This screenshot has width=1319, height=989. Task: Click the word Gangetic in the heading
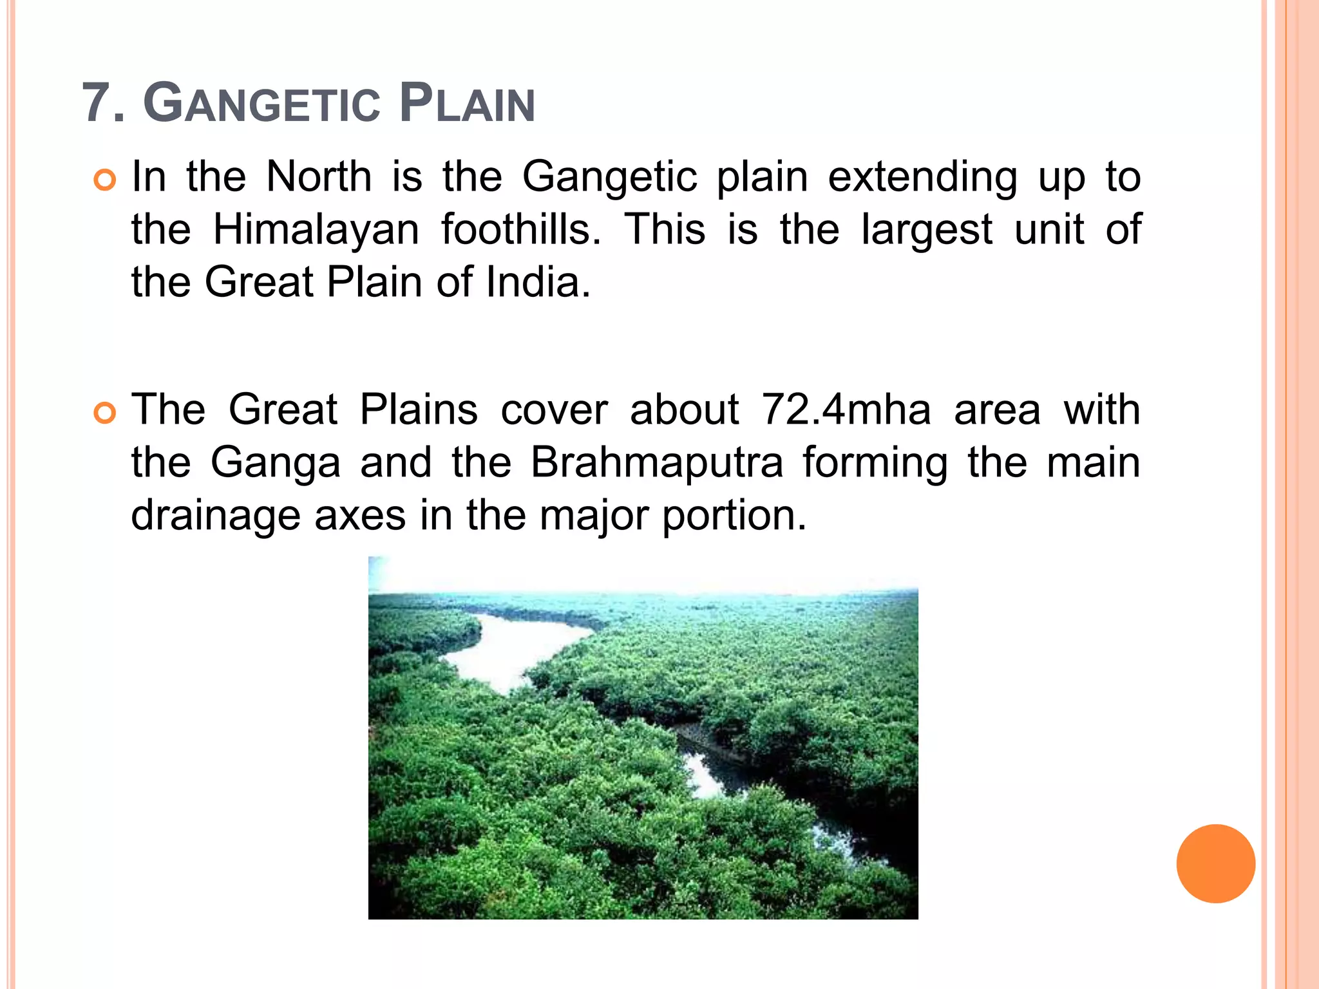pyautogui.click(x=261, y=103)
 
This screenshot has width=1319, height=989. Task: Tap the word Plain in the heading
pyautogui.click(x=467, y=103)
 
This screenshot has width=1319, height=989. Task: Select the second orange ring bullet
pyautogui.click(x=104, y=413)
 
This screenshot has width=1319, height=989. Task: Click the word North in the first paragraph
pyautogui.click(x=319, y=176)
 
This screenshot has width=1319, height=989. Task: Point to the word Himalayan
pyautogui.click(x=316, y=229)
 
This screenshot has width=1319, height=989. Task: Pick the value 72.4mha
pyautogui.click(x=846, y=410)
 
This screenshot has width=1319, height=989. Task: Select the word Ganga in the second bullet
pyautogui.click(x=275, y=464)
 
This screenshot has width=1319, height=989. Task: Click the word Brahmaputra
pyautogui.click(x=657, y=464)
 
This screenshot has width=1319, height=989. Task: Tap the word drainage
pyautogui.click(x=215, y=516)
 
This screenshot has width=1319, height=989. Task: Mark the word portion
pyautogui.click(x=734, y=516)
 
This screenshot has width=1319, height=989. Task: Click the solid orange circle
pyautogui.click(x=1215, y=863)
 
